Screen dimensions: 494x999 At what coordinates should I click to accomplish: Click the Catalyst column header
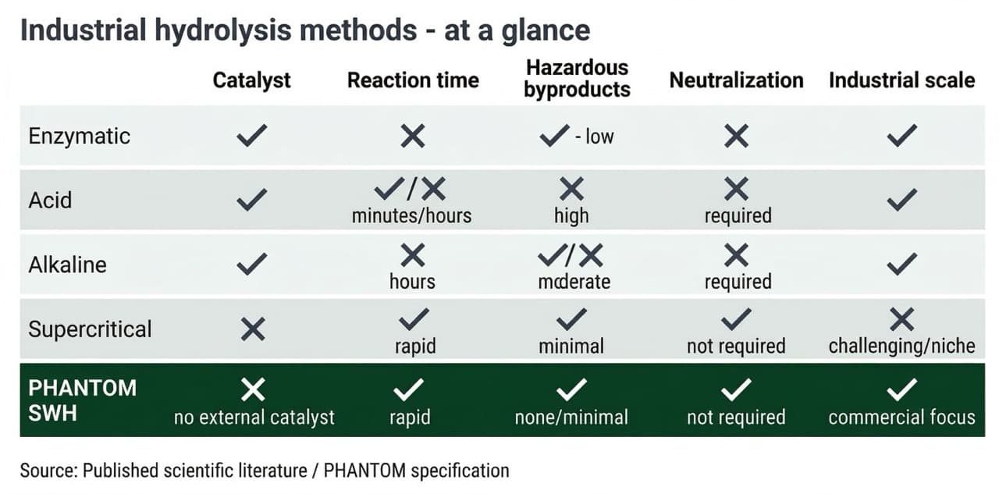coord(251,80)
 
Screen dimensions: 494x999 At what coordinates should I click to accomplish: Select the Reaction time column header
coord(413,80)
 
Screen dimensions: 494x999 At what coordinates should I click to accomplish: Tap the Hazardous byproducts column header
coord(577,79)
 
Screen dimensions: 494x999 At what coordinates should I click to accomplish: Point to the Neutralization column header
coord(736,80)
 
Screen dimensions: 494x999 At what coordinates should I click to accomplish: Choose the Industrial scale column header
coord(901,80)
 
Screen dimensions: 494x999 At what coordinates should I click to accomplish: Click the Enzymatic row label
coord(79,137)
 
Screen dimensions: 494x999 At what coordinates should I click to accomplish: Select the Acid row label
coord(50,201)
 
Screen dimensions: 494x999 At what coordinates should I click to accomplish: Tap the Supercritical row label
coord(90,329)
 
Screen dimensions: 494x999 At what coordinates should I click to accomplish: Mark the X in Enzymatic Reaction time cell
coord(413,137)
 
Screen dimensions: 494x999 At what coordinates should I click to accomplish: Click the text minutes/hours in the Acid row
coord(411,215)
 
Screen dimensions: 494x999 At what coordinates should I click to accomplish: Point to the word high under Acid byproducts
coord(571,215)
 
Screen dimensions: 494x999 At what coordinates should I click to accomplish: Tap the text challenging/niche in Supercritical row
coord(901,346)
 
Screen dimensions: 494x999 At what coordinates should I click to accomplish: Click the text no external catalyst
coord(254,418)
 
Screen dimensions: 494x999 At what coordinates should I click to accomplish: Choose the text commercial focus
coord(901,418)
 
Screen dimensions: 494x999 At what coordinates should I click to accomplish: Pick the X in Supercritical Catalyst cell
coord(253,329)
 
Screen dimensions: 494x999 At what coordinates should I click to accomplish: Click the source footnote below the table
coord(265,471)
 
